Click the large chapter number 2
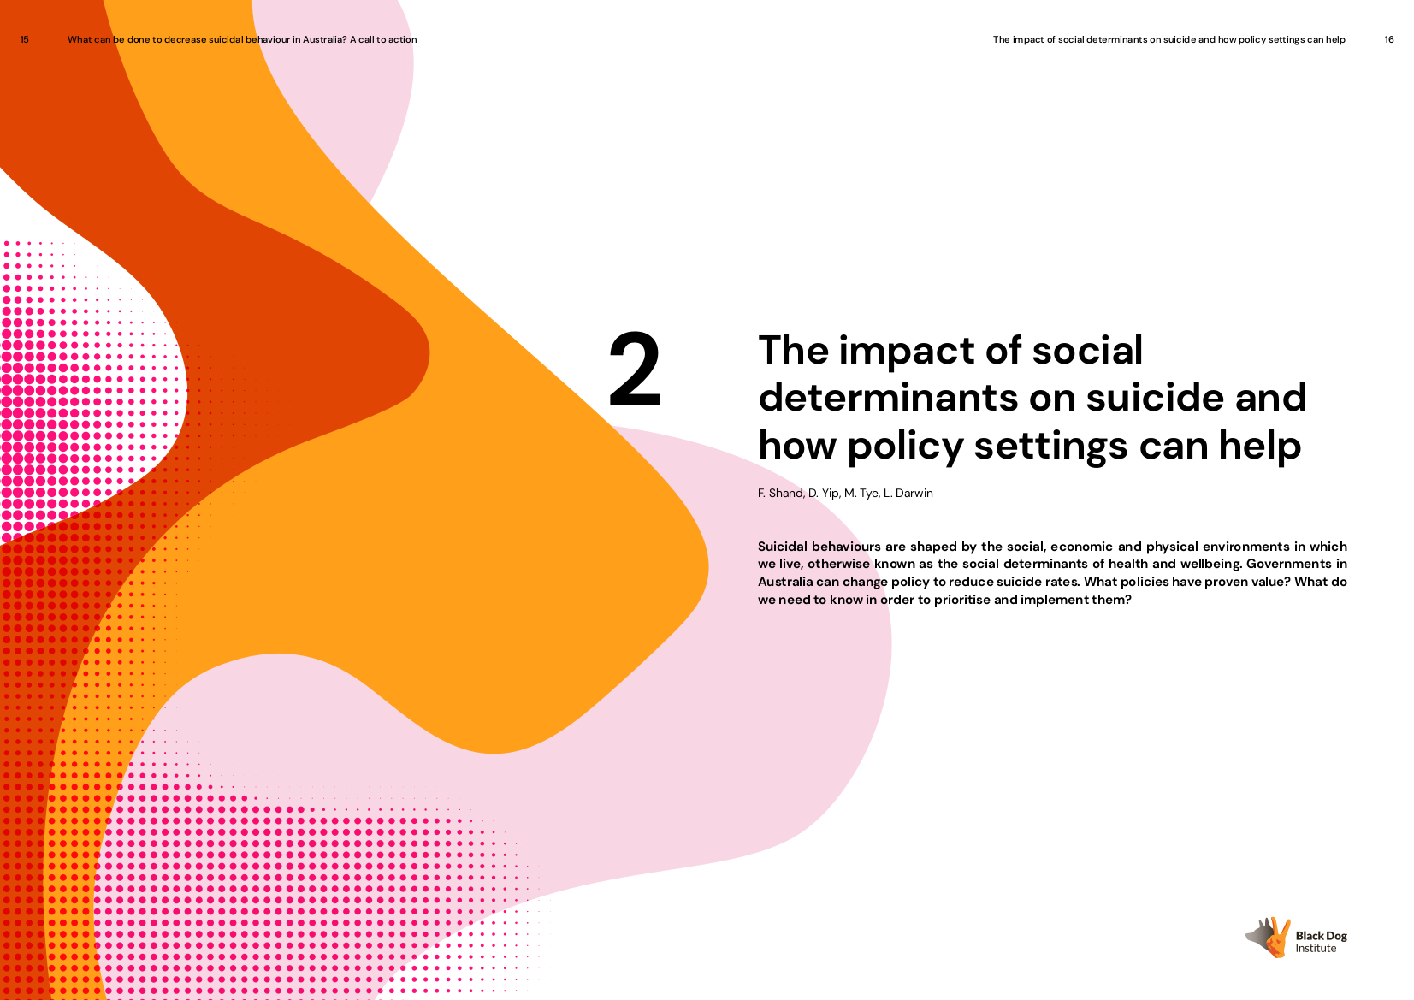click(x=635, y=369)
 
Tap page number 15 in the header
click(x=25, y=39)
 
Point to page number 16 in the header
click(x=1388, y=39)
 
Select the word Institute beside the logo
click(x=1316, y=948)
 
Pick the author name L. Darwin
click(x=908, y=493)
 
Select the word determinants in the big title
click(x=887, y=399)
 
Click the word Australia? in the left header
click(x=324, y=39)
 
